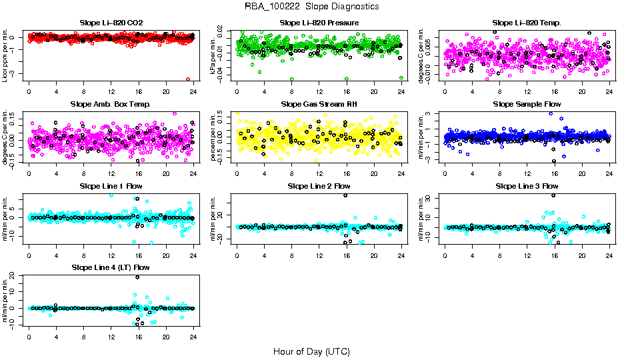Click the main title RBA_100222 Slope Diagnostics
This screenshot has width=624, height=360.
pos(312,7)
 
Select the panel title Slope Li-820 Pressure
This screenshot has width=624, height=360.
pos(319,23)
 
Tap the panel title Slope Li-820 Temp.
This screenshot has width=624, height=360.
pos(527,23)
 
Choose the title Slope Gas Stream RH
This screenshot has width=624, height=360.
pos(319,105)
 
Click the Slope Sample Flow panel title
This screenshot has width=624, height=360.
pos(527,105)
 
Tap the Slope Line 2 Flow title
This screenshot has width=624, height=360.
pos(319,186)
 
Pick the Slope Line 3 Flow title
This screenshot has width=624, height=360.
pos(527,186)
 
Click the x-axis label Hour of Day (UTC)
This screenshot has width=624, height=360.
pos(312,351)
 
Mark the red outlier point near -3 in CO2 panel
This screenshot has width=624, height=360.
pos(188,79)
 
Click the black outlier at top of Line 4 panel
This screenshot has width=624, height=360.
pos(137,277)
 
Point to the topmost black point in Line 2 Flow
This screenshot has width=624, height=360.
pos(345,195)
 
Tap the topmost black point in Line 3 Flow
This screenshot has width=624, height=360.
pos(553,195)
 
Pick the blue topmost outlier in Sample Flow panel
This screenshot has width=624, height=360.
pos(551,113)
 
